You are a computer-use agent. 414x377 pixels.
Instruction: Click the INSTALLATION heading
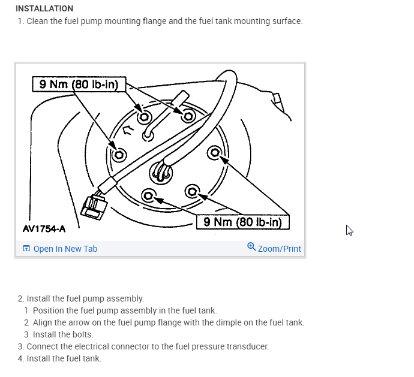pyautogui.click(x=44, y=8)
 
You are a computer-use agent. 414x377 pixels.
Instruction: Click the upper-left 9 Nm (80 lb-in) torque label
pyautogui.click(x=78, y=85)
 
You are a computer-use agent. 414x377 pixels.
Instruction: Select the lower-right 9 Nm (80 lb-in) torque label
pyautogui.click(x=242, y=222)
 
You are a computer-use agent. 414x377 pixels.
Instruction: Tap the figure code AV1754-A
pyautogui.click(x=44, y=228)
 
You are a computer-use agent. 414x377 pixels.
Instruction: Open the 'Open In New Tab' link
pyautogui.click(x=65, y=249)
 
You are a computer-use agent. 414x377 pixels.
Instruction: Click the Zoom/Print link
pyautogui.click(x=279, y=249)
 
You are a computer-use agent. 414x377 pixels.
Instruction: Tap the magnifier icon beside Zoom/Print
pyautogui.click(x=251, y=247)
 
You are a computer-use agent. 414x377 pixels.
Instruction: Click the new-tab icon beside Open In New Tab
pyautogui.click(x=26, y=249)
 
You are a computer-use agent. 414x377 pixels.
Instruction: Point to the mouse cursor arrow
pyautogui.click(x=349, y=231)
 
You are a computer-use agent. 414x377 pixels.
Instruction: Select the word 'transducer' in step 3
pyautogui.click(x=247, y=346)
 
